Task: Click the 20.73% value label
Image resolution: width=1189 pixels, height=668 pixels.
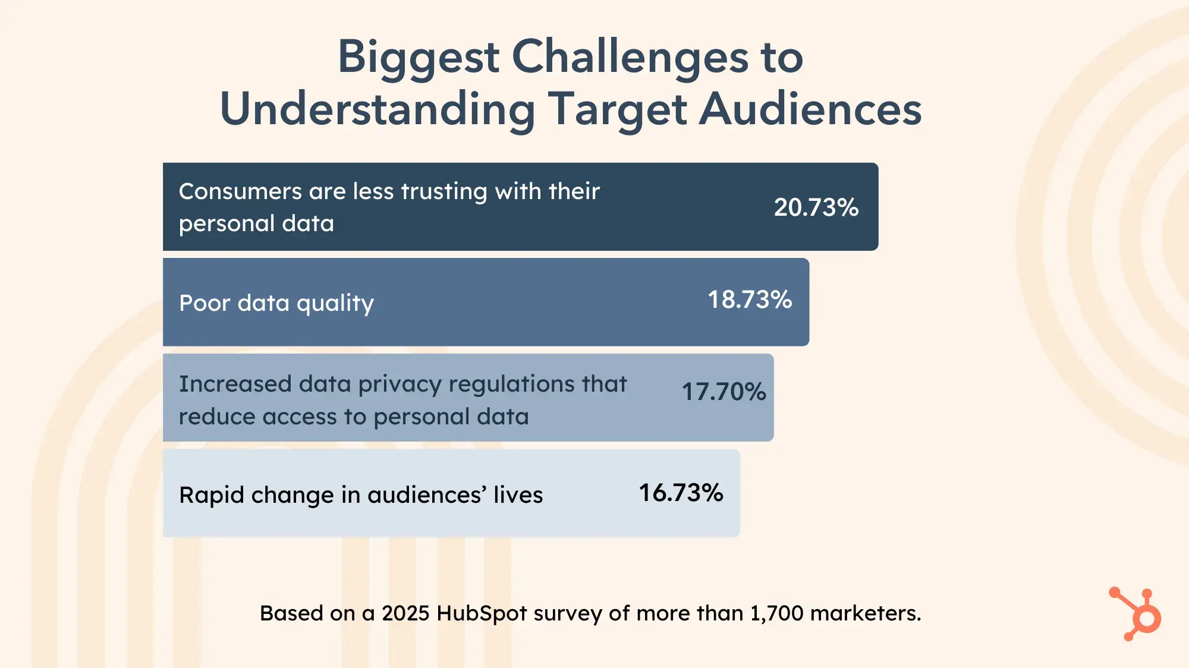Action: coord(816,207)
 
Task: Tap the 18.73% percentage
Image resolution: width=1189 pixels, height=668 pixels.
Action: coord(750,300)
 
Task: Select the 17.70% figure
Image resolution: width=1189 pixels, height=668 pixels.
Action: coord(724,392)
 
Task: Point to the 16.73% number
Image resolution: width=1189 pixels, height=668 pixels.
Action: coord(681,493)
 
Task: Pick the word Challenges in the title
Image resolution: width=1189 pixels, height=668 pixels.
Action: coord(630,57)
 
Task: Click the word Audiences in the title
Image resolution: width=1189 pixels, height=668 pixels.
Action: coord(810,109)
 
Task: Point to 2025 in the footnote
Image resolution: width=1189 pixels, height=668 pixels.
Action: coord(405,613)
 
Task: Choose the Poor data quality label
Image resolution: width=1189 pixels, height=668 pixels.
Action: coord(276,303)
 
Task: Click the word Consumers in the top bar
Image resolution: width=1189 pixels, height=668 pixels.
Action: coord(240,191)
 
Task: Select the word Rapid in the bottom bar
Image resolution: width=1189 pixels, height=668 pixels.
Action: coord(211,495)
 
